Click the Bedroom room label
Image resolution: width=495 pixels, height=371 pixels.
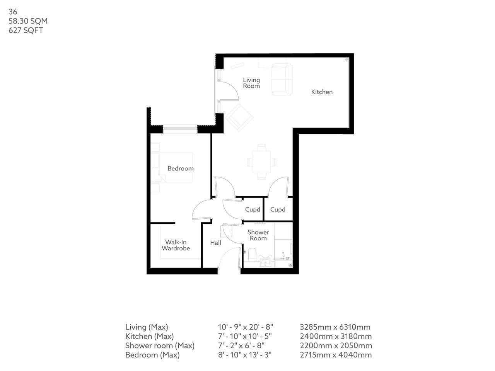pos(180,168)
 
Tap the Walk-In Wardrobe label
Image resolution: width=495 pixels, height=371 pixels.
pos(176,245)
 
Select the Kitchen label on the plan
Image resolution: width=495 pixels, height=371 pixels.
pos(322,92)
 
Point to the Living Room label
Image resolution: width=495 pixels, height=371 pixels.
pos(251,83)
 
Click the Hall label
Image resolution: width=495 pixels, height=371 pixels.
pos(215,243)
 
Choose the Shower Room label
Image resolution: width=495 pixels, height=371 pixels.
pos(258,235)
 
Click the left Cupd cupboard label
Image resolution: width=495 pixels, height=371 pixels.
pos(253,209)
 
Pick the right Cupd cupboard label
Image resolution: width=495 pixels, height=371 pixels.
pos(278,209)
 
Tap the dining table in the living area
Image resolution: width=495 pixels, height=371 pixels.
pos(262,162)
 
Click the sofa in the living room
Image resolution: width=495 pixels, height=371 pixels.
pos(282,80)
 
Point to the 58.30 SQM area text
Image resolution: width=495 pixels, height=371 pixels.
pos(28,21)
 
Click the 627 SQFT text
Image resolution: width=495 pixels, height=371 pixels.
pos(26,31)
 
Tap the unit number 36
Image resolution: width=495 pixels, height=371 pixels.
pos(13,12)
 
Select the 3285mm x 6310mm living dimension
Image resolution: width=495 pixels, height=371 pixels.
pos(335,327)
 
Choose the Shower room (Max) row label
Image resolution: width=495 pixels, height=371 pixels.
pos(160,345)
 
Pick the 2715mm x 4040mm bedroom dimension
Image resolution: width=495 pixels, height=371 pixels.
pos(336,355)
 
